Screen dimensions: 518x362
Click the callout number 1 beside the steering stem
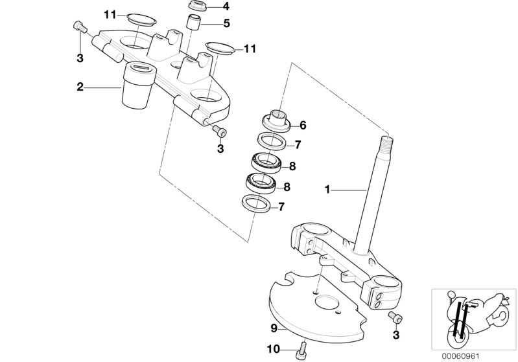pyautogui.click(x=327, y=190)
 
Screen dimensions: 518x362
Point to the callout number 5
pyautogui.click(x=227, y=23)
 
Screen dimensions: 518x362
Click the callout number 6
pyautogui.click(x=303, y=125)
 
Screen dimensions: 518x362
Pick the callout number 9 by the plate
pyautogui.click(x=274, y=329)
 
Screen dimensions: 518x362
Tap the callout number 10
pyautogui.click(x=274, y=349)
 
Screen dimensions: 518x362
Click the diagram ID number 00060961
pyautogui.click(x=460, y=356)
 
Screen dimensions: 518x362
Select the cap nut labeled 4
pyautogui.click(x=196, y=6)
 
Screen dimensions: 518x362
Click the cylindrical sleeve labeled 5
pyautogui.click(x=193, y=22)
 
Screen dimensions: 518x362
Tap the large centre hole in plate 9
pyautogui.click(x=327, y=302)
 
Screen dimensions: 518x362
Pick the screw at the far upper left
pyautogui.click(x=79, y=27)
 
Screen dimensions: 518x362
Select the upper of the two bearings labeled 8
pyautogui.click(x=266, y=163)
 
